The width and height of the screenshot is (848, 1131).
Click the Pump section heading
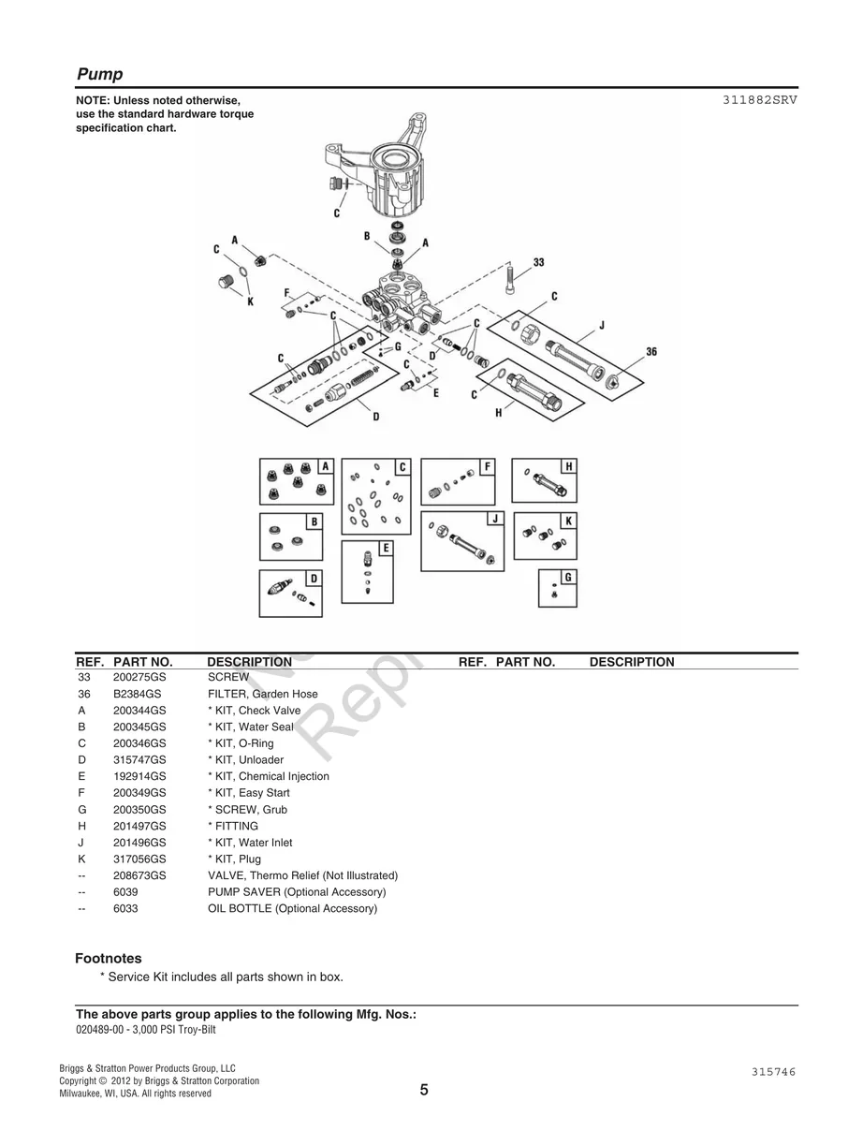[99, 74]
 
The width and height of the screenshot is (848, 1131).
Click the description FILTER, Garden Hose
[262, 694]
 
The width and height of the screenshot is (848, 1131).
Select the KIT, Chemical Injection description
[268, 776]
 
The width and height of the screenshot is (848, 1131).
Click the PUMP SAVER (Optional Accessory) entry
[296, 891]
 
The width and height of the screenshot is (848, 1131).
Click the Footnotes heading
[109, 958]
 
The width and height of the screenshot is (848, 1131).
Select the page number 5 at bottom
[424, 1090]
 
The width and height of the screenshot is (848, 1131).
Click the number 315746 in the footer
[772, 1071]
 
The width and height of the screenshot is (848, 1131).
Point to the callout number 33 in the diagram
[538, 263]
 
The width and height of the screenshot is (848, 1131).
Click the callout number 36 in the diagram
[651, 352]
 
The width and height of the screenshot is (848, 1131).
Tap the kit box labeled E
[367, 571]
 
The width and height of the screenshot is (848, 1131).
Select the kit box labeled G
[557, 589]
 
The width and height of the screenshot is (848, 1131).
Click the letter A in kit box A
[325, 465]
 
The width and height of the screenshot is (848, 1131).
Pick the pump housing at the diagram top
[379, 169]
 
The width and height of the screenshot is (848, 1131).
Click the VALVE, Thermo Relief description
[302, 875]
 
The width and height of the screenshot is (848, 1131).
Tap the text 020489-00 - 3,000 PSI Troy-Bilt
[152, 1029]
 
